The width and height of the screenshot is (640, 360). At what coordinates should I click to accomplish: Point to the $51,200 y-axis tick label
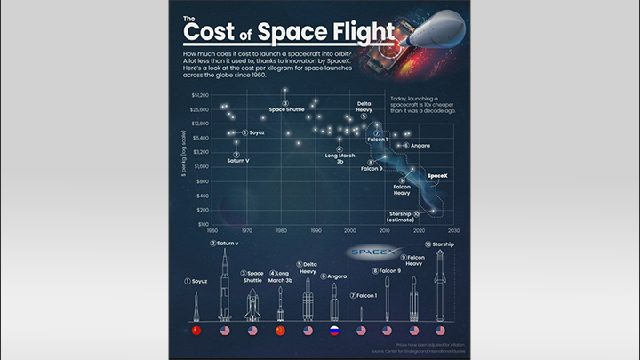200,94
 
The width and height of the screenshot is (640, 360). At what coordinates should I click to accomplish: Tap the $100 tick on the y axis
204,225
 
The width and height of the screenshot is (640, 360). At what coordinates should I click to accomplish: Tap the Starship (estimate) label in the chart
404,216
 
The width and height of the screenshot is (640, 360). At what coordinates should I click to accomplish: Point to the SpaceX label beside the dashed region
437,177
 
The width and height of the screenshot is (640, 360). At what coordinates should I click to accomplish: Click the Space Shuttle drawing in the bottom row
252,304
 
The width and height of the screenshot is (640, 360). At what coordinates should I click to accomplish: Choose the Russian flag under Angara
335,331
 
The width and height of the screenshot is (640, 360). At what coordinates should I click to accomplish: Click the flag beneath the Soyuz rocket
196,331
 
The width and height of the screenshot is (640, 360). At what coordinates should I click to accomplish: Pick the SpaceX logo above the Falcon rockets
368,253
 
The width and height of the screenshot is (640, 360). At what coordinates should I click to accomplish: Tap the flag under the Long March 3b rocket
280,331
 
